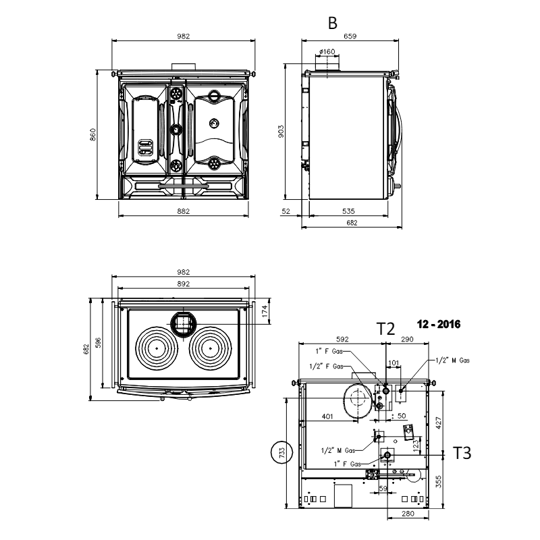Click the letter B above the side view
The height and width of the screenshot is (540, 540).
(332, 23)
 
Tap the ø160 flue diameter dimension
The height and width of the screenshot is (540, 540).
(327, 52)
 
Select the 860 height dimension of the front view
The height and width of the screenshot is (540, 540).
(92, 134)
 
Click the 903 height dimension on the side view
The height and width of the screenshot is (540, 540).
(281, 132)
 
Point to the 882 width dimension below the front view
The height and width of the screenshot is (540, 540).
(183, 211)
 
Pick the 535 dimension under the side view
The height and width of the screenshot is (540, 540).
(348, 211)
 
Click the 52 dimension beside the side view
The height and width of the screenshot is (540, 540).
(286, 211)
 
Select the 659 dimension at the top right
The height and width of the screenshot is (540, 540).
(350, 36)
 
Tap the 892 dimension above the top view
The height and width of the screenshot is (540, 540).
(183, 283)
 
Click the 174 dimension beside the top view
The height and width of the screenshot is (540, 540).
(265, 311)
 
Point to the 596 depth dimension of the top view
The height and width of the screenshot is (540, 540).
(98, 343)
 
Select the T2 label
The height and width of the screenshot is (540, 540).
(385, 329)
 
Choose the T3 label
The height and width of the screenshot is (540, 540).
(462, 453)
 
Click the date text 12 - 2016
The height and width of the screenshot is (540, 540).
(438, 324)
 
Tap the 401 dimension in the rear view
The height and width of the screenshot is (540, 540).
(327, 416)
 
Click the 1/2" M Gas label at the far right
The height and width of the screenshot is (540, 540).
(452, 360)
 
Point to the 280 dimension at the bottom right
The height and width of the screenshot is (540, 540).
(408, 514)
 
